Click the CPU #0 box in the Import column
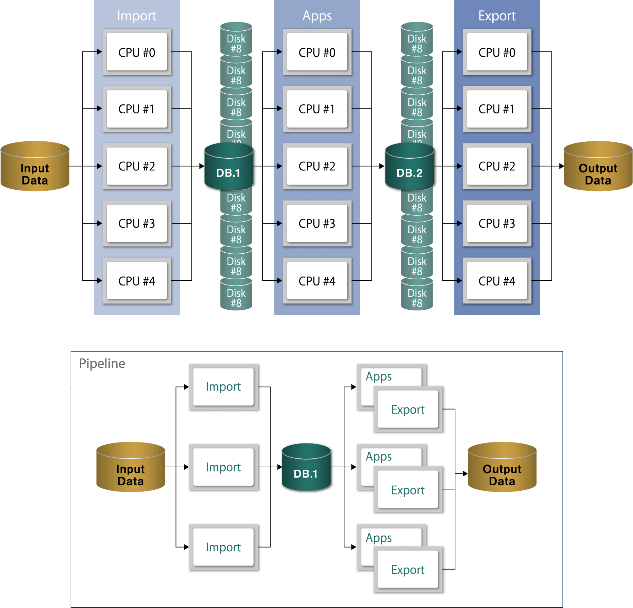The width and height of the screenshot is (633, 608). tap(137, 52)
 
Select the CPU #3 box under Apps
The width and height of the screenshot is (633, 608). tap(317, 224)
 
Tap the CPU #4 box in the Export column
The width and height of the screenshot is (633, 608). tap(497, 281)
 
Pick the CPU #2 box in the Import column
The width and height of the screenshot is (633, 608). tap(137, 166)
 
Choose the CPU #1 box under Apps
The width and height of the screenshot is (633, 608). tap(317, 109)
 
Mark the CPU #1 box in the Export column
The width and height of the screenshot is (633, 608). tap(497, 109)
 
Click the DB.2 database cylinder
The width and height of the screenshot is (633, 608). tap(409, 167)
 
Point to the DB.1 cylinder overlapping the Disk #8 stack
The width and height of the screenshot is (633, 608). tap(228, 167)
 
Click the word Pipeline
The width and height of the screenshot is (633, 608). tap(102, 363)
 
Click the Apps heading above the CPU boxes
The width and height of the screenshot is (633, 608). tap(317, 16)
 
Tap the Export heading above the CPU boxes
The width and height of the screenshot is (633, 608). tap(497, 16)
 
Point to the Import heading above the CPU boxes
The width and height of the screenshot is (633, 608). tap(137, 16)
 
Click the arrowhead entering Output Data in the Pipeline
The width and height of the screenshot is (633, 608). tap(465, 474)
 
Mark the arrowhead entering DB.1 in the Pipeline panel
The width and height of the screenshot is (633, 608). tap(280, 467)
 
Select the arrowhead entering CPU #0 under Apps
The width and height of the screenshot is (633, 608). tap(280, 52)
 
